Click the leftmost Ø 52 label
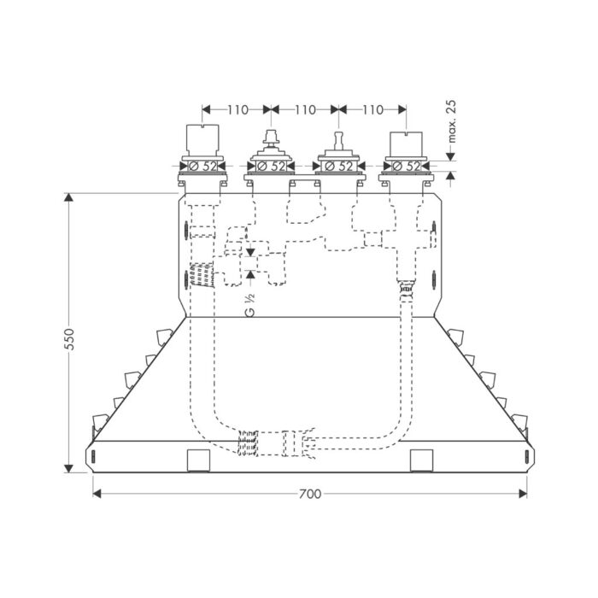pyautogui.click(x=202, y=165)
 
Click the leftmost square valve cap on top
pyautogui.click(x=202, y=138)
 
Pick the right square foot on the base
pyautogui.click(x=421, y=460)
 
